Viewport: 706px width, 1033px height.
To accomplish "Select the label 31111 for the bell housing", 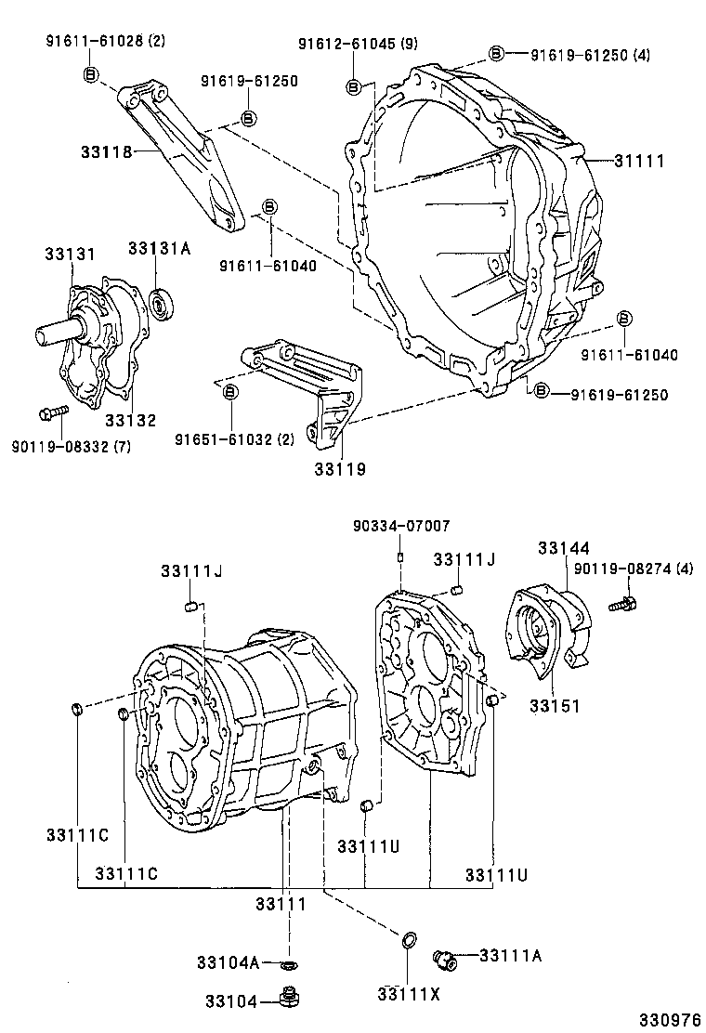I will [639, 161].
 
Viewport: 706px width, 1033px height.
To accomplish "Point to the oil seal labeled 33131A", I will [163, 301].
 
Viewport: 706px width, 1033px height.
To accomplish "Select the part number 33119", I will [339, 469].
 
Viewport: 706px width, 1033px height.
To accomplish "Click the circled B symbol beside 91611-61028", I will [90, 74].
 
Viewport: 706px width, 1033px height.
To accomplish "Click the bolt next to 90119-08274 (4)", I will [623, 604].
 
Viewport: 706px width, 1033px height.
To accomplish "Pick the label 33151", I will [555, 706].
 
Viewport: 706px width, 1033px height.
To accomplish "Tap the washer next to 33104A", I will [290, 962].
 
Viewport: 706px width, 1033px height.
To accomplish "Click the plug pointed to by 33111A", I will [445, 958].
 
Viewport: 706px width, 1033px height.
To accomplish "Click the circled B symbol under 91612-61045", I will [353, 86].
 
